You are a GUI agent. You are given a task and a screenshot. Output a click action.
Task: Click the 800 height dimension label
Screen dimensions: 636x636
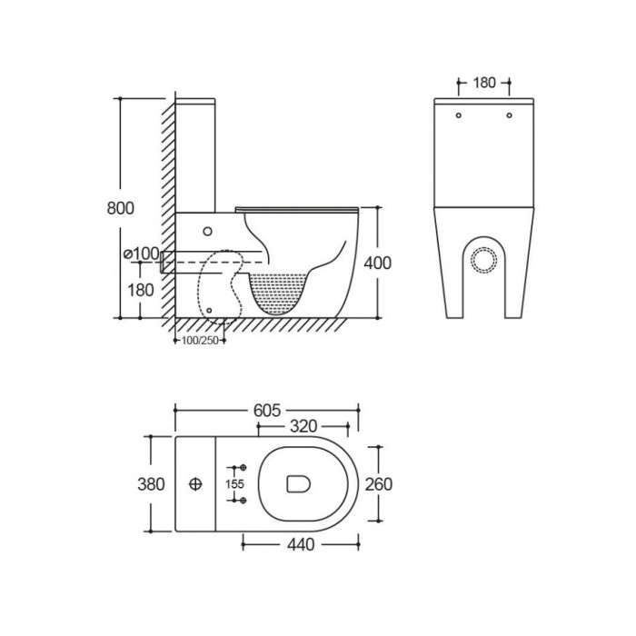[120, 208]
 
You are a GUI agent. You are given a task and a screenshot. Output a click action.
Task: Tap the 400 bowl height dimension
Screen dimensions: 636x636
[377, 263]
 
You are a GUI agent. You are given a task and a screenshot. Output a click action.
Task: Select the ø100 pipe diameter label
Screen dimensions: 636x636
[142, 253]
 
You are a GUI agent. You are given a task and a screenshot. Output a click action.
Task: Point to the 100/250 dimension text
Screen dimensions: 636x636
[200, 341]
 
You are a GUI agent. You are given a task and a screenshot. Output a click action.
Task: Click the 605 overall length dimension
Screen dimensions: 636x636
[267, 411]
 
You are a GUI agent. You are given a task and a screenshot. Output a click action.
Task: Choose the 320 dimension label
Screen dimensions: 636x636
[303, 426]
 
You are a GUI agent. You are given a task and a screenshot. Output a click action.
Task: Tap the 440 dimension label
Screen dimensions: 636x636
[301, 545]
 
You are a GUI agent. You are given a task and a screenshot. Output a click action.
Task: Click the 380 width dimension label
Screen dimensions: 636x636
[151, 484]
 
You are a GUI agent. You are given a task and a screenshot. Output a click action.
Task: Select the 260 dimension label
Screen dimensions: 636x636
[379, 484]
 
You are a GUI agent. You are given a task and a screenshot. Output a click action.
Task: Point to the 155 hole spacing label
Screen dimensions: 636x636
[234, 484]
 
